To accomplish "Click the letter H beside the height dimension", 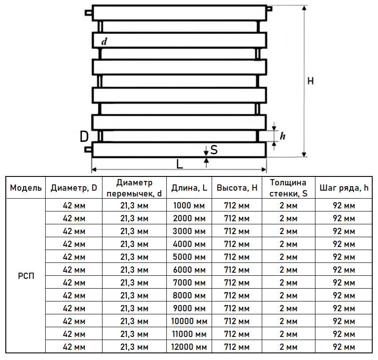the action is [311, 81].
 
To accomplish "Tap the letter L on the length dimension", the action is [180, 164].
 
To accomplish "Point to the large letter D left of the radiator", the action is [84, 137].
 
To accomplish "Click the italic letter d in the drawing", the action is [104, 41].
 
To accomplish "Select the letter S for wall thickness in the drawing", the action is [214, 150].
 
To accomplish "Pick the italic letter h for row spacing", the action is [283, 136].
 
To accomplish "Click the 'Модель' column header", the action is [26, 188].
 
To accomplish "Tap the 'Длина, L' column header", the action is [189, 188].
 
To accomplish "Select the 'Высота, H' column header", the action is [237, 188].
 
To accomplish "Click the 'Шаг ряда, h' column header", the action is [344, 188].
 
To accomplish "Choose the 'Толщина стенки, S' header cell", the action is [288, 188].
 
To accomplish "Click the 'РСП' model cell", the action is [26, 276].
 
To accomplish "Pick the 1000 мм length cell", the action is [189, 206].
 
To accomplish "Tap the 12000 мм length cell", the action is [189, 347].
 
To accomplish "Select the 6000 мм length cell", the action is [189, 270].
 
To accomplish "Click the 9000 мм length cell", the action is [189, 309].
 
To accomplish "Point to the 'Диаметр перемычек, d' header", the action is [134, 188].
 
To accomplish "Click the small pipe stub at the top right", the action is [269, 9].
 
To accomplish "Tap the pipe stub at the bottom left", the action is [88, 150].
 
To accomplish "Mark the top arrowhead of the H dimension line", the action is [304, 8].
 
